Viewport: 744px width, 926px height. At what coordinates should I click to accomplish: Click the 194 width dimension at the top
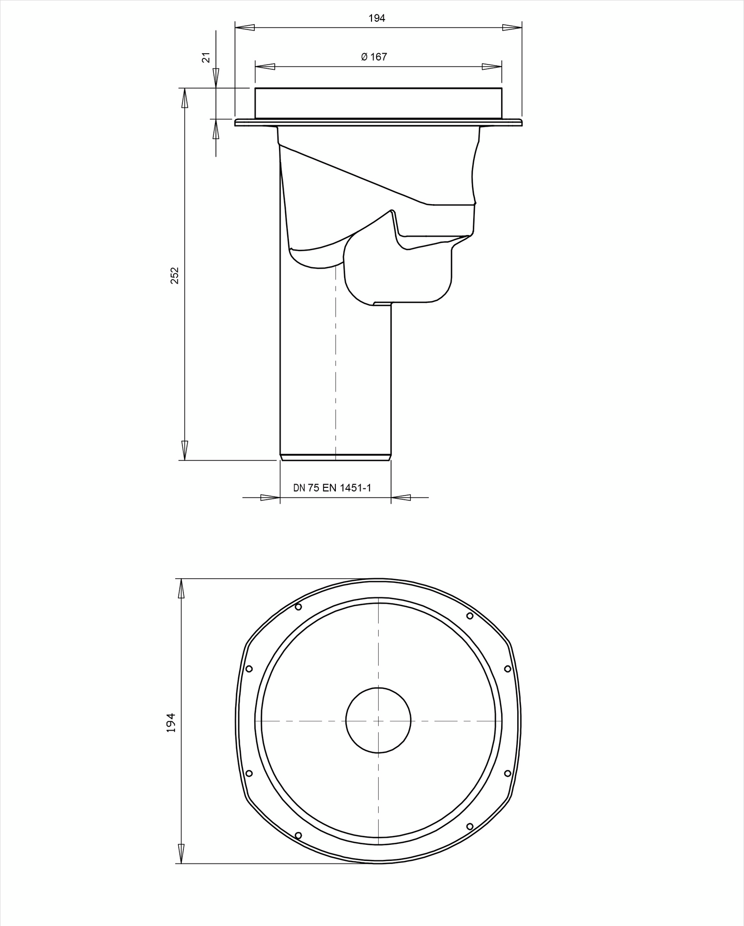pos(377,19)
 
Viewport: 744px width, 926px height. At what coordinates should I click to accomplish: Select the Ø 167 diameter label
pos(374,57)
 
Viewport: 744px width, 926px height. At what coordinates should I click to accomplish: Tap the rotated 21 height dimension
pos(206,57)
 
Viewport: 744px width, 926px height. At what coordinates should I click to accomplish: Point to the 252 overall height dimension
pos(175,275)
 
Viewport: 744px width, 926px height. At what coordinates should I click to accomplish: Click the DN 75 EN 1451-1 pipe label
pos(332,487)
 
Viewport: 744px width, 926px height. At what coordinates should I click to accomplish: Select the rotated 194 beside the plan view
pos(171,722)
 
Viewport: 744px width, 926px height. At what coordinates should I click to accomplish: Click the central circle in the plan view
pos(378,720)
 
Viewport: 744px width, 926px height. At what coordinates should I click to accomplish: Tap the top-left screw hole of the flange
pos(298,607)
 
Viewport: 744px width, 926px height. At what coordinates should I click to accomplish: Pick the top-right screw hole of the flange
pos(470,615)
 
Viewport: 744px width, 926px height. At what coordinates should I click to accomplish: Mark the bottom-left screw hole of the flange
pos(298,835)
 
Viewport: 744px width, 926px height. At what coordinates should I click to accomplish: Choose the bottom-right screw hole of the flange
pos(470,826)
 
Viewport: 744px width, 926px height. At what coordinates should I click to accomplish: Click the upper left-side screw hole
pos(249,669)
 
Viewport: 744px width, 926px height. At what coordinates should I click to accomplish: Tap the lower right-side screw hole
pos(507,773)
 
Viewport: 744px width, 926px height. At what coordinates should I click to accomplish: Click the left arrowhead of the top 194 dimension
pos(245,27)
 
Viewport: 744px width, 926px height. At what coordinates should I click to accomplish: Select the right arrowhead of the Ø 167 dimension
pos(492,67)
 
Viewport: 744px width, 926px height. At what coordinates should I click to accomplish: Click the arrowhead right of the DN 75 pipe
pos(401,498)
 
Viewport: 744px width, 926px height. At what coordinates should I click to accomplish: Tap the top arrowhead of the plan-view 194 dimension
pos(181,589)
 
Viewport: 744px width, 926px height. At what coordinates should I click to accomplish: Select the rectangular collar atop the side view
pos(378,103)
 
